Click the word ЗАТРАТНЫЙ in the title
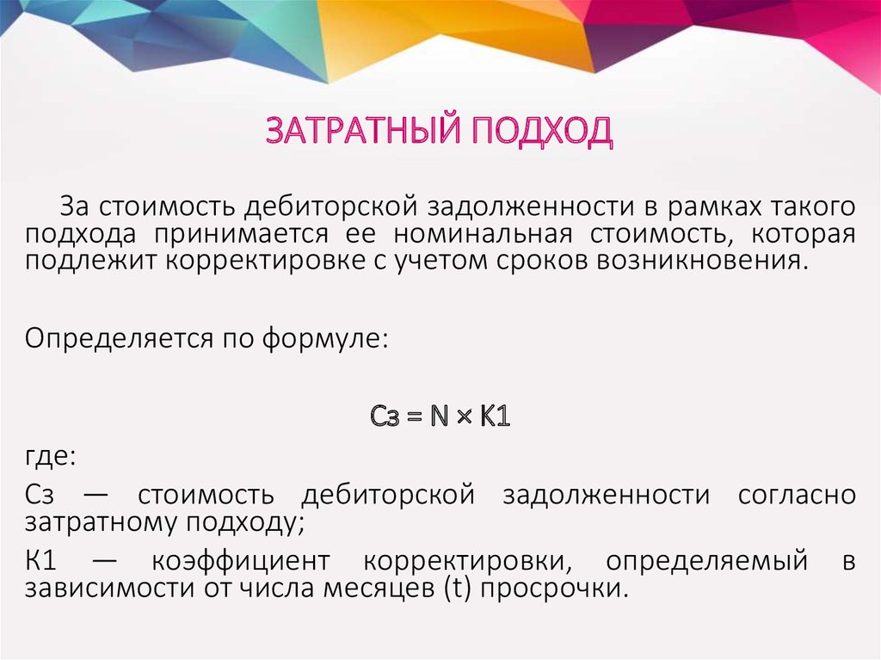coord(364,131)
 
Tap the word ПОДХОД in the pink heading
coord(542,132)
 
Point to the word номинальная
coord(483,234)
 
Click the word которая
coord(803,234)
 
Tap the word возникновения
coord(702,262)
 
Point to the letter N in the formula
coord(440,416)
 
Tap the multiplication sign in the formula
coord(464,417)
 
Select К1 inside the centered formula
coord(495,416)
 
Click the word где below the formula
coord(49,456)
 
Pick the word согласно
coord(797,496)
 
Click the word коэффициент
coord(241,561)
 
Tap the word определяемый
coord(707,561)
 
